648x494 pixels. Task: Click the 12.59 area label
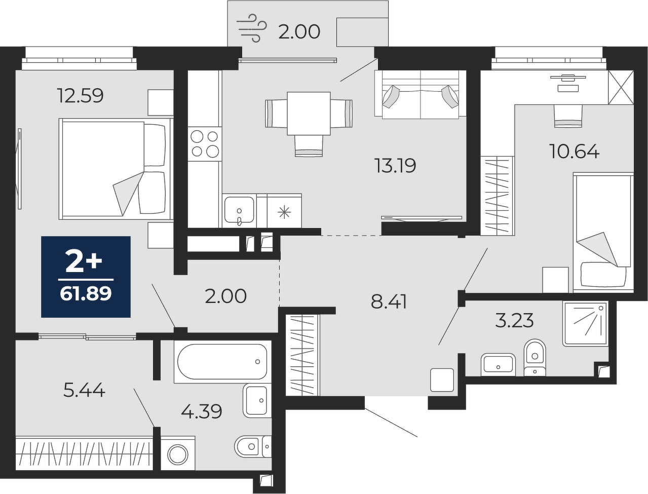(x=81, y=96)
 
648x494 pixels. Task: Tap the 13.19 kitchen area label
(x=395, y=165)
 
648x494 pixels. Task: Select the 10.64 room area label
(x=575, y=151)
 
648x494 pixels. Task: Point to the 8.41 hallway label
(x=389, y=302)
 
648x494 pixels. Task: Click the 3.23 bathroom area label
(x=514, y=321)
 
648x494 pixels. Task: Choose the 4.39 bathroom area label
(x=201, y=411)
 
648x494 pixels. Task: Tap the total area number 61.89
(x=86, y=294)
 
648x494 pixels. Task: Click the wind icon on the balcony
(x=251, y=28)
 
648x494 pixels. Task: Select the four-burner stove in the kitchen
(x=205, y=144)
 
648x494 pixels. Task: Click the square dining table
(x=309, y=113)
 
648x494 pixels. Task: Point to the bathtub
(x=222, y=361)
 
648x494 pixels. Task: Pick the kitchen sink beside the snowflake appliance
(x=239, y=210)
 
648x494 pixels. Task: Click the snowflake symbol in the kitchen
(x=284, y=213)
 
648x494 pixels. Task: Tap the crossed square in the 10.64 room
(x=621, y=87)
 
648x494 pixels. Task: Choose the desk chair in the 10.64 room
(x=568, y=116)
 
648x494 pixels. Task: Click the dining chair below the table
(x=309, y=145)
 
